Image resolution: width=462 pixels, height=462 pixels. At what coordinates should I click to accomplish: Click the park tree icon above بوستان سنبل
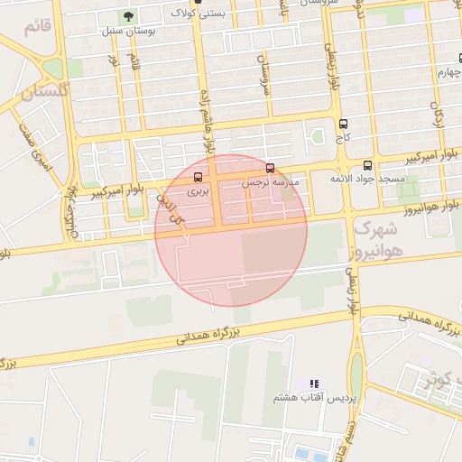point(127,16)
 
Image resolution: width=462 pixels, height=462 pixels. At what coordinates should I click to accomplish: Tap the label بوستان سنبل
point(126,31)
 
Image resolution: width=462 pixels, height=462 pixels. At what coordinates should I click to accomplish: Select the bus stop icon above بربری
point(199,177)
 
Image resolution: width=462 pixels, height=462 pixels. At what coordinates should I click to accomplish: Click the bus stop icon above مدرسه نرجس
point(271,167)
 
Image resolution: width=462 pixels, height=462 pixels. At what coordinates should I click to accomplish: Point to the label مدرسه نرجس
point(269,182)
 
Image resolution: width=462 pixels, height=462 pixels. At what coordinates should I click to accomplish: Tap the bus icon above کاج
point(342,124)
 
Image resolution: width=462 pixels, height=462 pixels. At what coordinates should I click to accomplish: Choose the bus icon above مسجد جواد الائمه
point(367,165)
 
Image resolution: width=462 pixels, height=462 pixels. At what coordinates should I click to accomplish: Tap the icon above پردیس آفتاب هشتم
point(314,384)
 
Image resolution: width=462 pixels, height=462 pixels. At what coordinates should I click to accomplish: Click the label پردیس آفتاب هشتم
point(316,398)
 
